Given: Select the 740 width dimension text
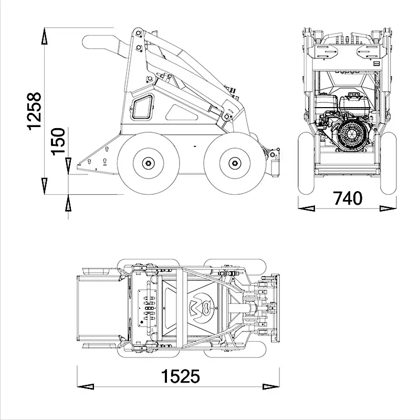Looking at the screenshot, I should pos(348,198).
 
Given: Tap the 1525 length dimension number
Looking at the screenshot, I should pos(180,376).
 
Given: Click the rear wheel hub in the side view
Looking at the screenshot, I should pos(149,163).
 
